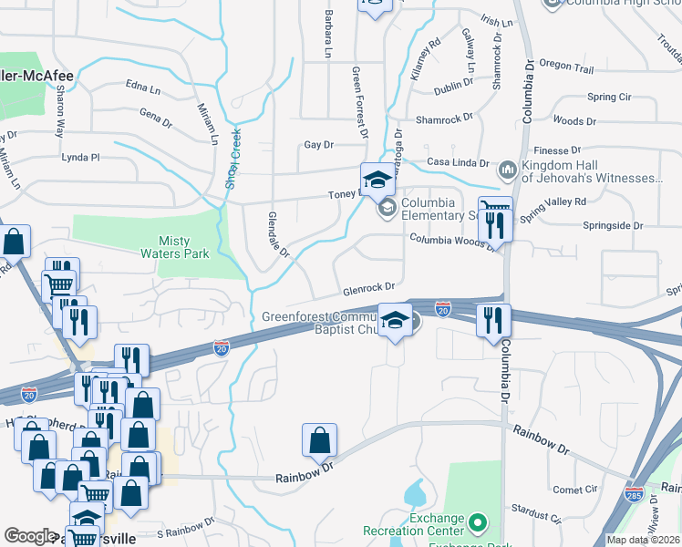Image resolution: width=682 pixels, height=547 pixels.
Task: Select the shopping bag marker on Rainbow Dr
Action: click(x=320, y=441)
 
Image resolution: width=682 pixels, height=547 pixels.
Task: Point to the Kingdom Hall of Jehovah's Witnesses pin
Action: click(x=507, y=170)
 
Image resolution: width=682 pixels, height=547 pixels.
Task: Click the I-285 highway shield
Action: click(x=635, y=494)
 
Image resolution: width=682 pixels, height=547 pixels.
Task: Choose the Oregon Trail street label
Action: click(x=566, y=67)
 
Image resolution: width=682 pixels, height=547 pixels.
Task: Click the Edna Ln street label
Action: click(x=143, y=88)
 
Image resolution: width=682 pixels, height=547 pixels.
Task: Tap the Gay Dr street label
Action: click(x=319, y=145)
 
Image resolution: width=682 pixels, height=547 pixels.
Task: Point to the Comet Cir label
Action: click(x=575, y=490)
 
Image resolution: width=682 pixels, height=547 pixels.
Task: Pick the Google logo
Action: click(x=29, y=536)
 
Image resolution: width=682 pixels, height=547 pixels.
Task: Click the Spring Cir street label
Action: click(x=609, y=97)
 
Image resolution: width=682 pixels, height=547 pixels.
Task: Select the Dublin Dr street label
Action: click(x=453, y=83)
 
